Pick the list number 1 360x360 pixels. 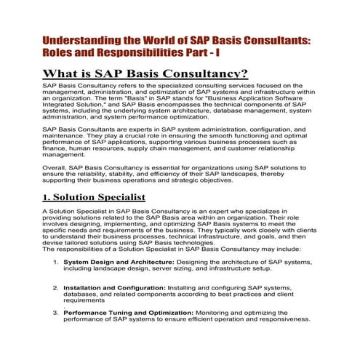(x=55, y=260)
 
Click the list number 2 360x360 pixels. (x=55, y=287)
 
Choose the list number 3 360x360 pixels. (x=55, y=312)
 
